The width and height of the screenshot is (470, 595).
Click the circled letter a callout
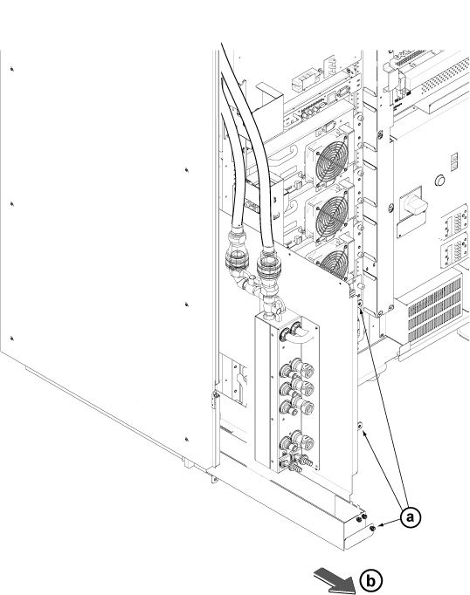pyautogui.click(x=410, y=516)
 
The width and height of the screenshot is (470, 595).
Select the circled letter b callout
pyautogui.click(x=370, y=580)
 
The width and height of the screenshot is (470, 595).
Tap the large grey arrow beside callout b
pyautogui.click(x=335, y=580)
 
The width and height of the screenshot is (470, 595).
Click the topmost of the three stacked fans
pyautogui.click(x=331, y=161)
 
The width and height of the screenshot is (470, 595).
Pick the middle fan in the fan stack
pyautogui.click(x=330, y=216)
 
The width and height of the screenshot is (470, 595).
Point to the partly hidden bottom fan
pyautogui.click(x=331, y=262)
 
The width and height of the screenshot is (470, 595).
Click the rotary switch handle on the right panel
pyautogui.click(x=415, y=205)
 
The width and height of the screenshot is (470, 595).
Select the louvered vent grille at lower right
pyautogui.click(x=435, y=309)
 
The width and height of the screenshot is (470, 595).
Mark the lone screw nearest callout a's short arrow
pyautogui.click(x=372, y=528)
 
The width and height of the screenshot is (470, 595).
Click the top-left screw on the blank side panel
pyautogui.click(x=11, y=69)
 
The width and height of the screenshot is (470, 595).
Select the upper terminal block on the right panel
pyautogui.click(x=454, y=222)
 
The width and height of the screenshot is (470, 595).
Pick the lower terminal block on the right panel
pyautogui.click(x=454, y=253)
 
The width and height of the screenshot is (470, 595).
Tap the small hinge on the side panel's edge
pyautogui.click(x=216, y=398)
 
